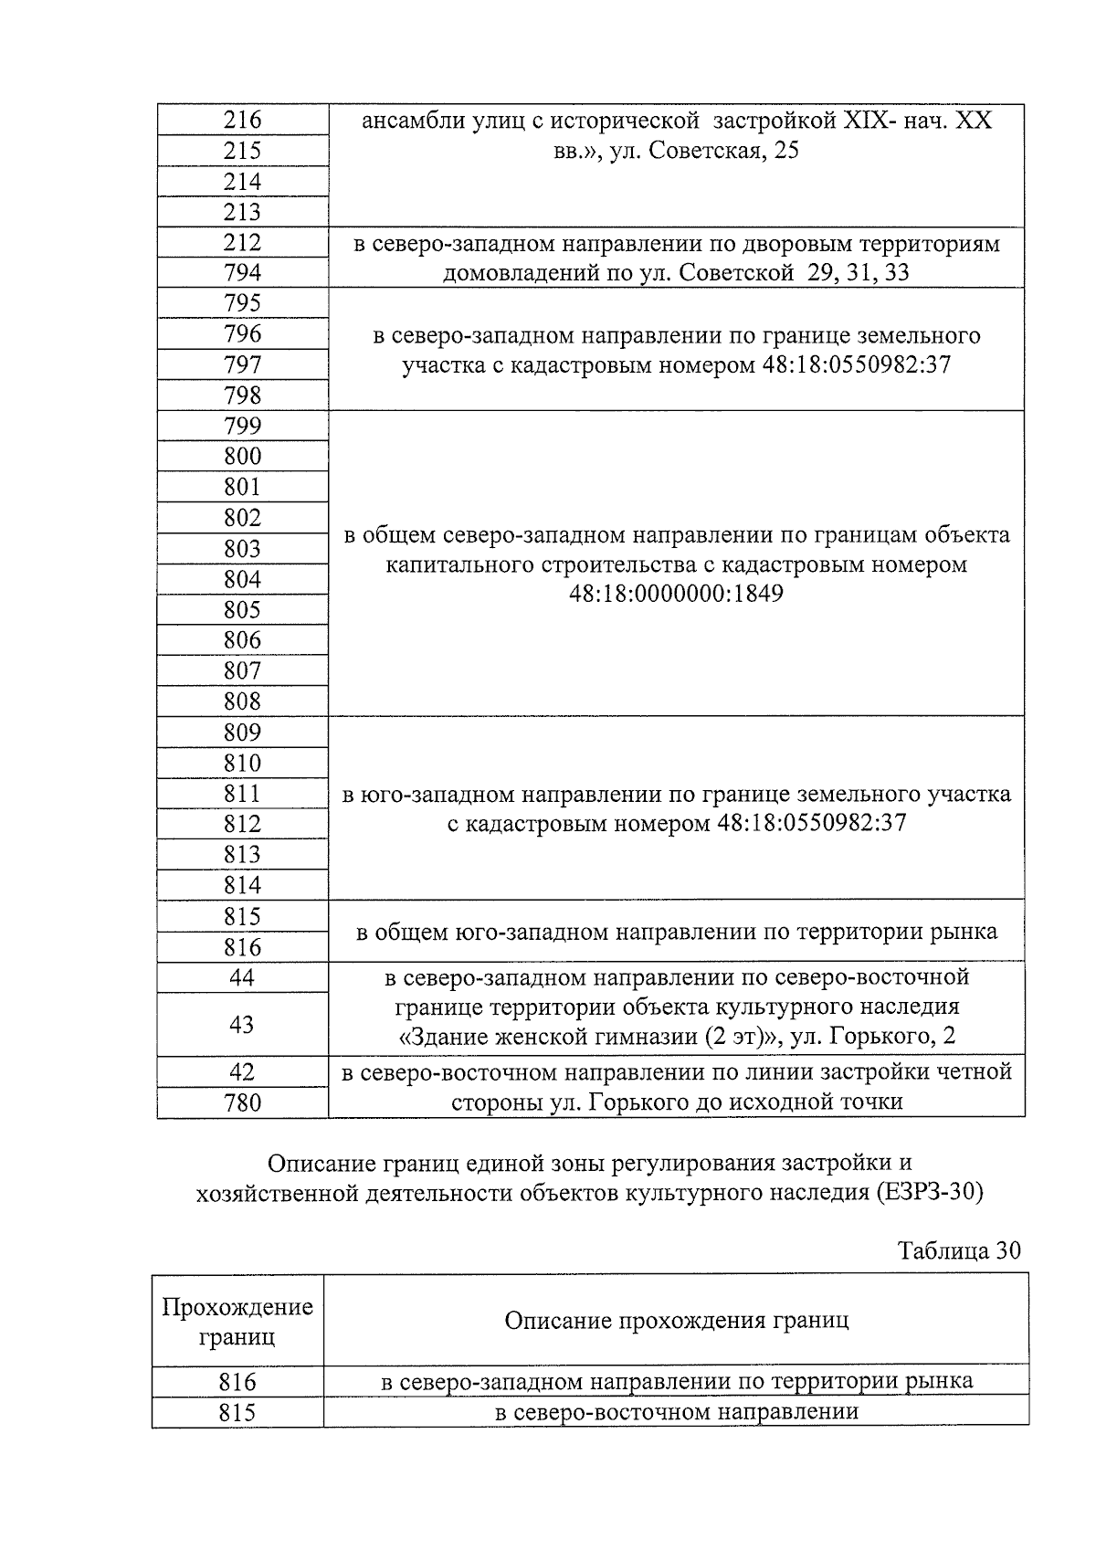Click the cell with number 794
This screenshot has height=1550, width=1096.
pyautogui.click(x=242, y=273)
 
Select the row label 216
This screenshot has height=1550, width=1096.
pyautogui.click(x=242, y=121)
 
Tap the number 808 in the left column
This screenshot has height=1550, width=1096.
pyautogui.click(x=242, y=701)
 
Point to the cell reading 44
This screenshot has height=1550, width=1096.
pyautogui.click(x=242, y=977)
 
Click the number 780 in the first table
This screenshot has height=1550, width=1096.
pyautogui.click(x=242, y=1103)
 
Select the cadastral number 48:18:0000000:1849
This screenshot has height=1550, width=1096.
pyautogui.click(x=676, y=595)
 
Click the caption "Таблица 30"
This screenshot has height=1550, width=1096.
pyautogui.click(x=958, y=1250)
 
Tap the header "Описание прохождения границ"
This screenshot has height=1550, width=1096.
pyautogui.click(x=676, y=1321)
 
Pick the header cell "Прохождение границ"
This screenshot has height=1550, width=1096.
pyautogui.click(x=237, y=1322)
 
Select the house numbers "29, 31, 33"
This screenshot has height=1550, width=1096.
pyautogui.click(x=858, y=273)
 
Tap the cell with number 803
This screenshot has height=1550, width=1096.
pyautogui.click(x=242, y=549)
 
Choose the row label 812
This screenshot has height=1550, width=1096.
pyautogui.click(x=242, y=824)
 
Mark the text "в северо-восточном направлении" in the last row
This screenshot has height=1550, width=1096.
pyautogui.click(x=676, y=1412)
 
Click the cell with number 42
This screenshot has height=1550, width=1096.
pyautogui.click(x=242, y=1071)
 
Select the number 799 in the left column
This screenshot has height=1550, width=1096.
pyautogui.click(x=242, y=426)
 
